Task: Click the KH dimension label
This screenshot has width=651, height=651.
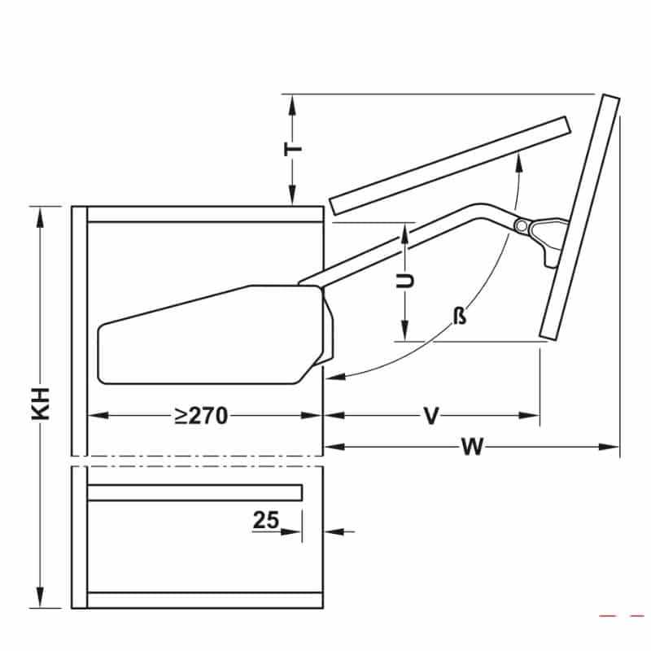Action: [x=42, y=404]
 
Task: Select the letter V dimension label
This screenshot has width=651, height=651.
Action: [x=431, y=416]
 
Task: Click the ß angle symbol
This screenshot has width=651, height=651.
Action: [x=460, y=316]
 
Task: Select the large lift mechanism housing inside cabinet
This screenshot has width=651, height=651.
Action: [x=212, y=334]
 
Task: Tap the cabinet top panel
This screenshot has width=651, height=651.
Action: [x=203, y=215]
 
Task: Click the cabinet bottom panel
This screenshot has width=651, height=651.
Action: [x=203, y=600]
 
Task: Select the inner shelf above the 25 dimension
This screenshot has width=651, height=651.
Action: [x=195, y=492]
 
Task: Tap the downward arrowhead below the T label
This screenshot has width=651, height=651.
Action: [x=291, y=199]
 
